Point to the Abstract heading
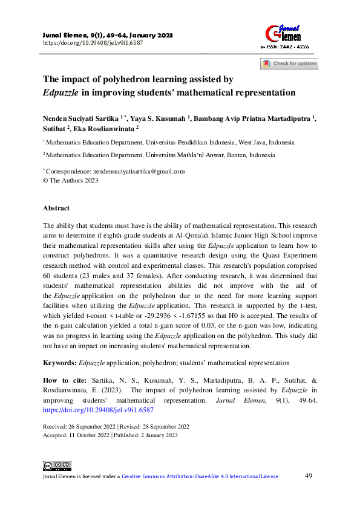[x=56, y=208]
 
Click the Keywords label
[x=60, y=363]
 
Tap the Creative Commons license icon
[x=57, y=465]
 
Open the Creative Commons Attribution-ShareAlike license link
[x=200, y=477]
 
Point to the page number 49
[x=308, y=476]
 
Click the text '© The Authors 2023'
[x=70, y=180]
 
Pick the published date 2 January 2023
[x=155, y=435]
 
